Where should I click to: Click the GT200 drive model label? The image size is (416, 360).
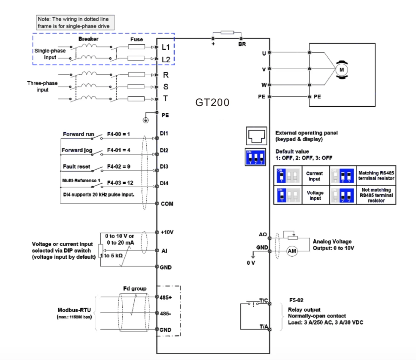(212, 102)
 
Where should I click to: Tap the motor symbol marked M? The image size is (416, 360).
(341, 70)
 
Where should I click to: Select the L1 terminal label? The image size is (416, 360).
(166, 47)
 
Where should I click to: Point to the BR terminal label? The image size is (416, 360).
(242, 44)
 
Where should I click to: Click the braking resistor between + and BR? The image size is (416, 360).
(227, 32)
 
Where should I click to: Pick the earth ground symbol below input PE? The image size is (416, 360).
(146, 120)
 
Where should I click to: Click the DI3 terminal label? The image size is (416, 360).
(164, 166)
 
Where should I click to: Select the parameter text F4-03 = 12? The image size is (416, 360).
(120, 183)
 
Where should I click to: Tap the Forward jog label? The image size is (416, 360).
(77, 150)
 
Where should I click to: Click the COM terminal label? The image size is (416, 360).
(167, 204)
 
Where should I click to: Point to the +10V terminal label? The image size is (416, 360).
(167, 232)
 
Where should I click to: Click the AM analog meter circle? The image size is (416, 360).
(292, 251)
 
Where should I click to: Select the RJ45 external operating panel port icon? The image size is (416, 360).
(256, 136)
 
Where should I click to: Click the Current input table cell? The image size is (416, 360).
(314, 176)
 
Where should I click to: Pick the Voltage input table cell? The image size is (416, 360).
(315, 195)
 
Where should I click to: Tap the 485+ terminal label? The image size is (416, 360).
(166, 297)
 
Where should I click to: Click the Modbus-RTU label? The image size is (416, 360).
(74, 310)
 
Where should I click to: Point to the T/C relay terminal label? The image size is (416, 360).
(264, 301)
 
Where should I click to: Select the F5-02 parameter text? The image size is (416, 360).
(296, 300)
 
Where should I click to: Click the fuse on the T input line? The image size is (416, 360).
(136, 99)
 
